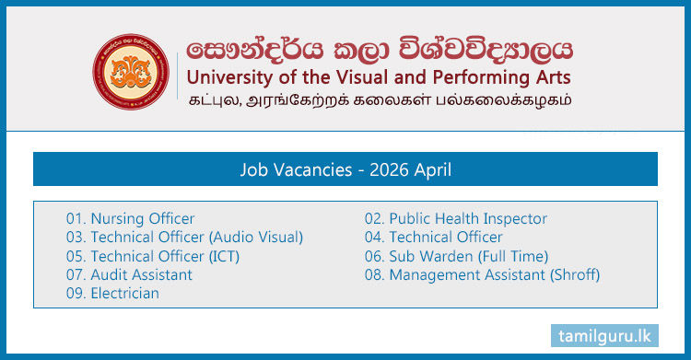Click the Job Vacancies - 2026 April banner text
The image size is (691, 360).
(345, 169)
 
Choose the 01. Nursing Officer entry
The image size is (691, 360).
(130, 218)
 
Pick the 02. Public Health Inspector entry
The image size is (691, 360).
(456, 218)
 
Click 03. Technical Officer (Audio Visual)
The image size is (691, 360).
(184, 237)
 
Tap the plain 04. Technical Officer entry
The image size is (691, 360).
(434, 237)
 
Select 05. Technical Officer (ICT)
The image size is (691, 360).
(152, 256)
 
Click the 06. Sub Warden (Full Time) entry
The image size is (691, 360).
(456, 256)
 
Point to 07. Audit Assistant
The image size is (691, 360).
(129, 274)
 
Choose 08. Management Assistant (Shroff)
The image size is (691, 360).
(482, 274)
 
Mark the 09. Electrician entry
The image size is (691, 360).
(112, 293)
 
